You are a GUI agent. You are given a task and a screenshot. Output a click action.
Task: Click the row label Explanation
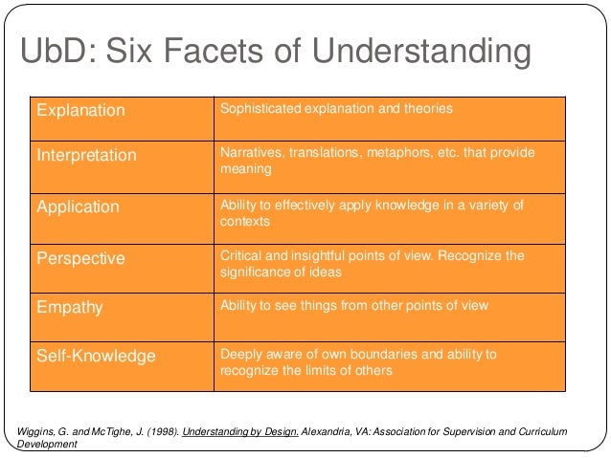pyautogui.click(x=80, y=110)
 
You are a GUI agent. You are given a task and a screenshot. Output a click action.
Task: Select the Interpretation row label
pyautogui.click(x=86, y=155)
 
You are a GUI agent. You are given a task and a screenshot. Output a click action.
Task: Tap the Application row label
pyautogui.click(x=78, y=207)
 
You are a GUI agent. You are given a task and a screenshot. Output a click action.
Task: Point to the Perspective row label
pyautogui.click(x=80, y=258)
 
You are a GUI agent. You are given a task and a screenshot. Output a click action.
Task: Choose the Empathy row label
pyautogui.click(x=69, y=308)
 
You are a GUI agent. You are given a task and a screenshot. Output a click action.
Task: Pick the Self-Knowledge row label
pyautogui.click(x=96, y=356)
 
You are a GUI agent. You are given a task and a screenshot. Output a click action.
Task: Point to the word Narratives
pyautogui.click(x=251, y=153)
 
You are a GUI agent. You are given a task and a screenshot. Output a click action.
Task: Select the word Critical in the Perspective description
pyautogui.click(x=240, y=256)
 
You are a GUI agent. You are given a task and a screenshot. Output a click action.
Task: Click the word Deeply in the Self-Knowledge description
pyautogui.click(x=242, y=354)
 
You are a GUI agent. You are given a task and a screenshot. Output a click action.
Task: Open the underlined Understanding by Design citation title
pyautogui.click(x=243, y=431)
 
